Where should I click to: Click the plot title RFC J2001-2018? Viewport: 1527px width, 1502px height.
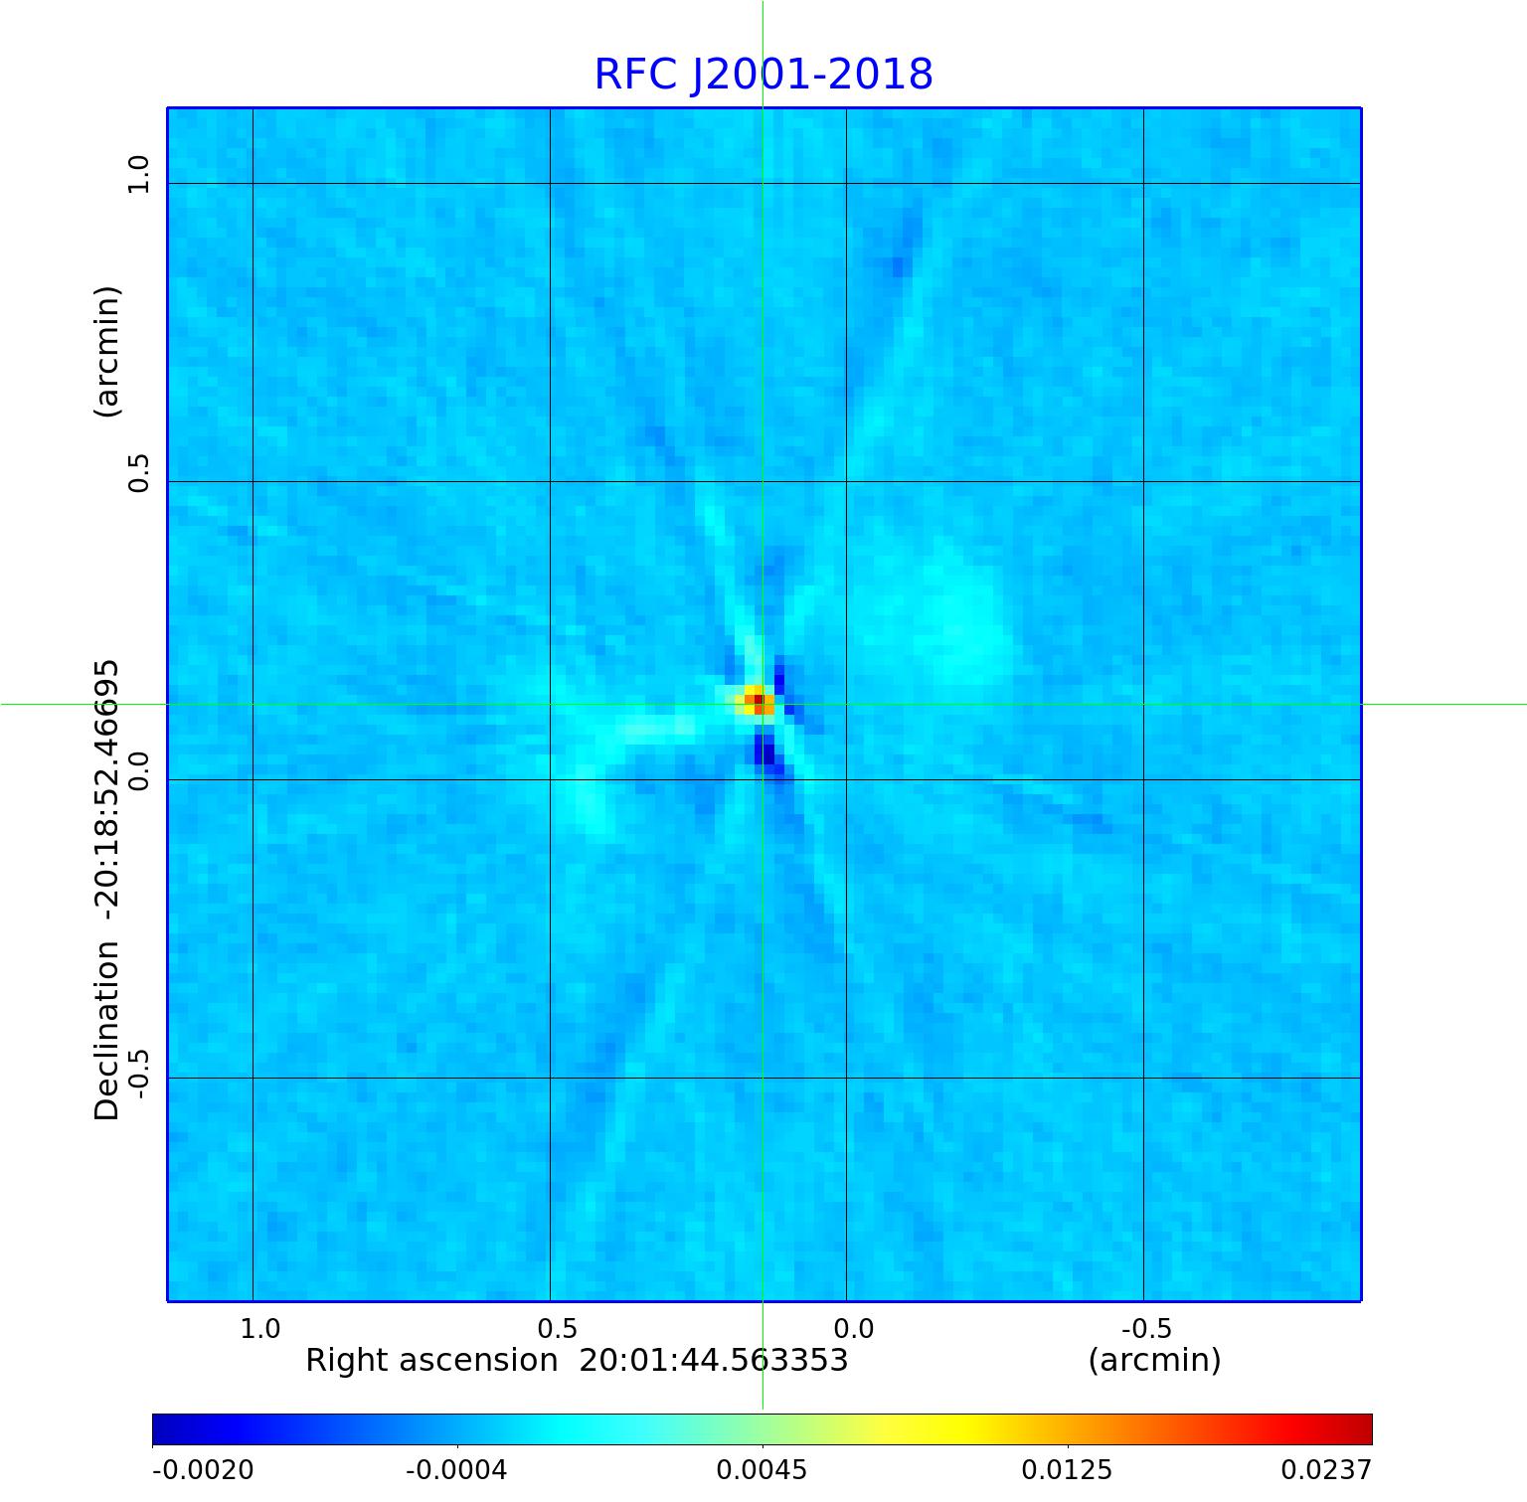tap(763, 75)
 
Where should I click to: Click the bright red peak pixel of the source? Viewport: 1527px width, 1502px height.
tap(759, 700)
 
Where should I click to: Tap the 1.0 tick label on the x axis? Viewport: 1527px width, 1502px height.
tap(260, 1328)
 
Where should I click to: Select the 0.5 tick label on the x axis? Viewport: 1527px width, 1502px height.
tap(557, 1328)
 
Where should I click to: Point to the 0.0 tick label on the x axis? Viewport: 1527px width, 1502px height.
tap(853, 1328)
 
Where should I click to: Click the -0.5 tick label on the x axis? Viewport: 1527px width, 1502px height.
tap(1146, 1328)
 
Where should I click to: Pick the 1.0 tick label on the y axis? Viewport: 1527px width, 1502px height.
tap(138, 174)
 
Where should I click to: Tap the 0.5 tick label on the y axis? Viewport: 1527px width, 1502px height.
tap(138, 472)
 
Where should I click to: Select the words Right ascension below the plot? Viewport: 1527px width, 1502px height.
tap(431, 1360)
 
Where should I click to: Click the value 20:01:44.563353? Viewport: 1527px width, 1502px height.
tap(713, 1360)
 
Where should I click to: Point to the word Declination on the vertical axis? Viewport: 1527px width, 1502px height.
tap(106, 1031)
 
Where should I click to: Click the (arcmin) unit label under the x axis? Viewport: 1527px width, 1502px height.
tap(1154, 1360)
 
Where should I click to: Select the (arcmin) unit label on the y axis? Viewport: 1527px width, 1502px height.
tap(106, 351)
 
